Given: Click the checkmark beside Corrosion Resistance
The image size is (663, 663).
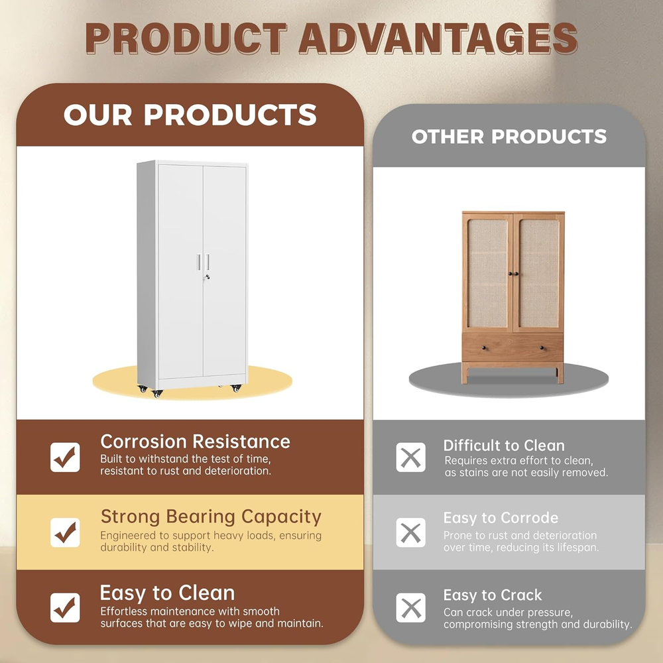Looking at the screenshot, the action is (65, 457).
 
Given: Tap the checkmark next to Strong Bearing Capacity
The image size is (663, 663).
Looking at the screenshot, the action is (65, 532).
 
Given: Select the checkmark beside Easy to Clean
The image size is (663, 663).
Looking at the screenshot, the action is (65, 607).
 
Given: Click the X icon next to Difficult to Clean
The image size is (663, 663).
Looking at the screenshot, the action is (410, 457).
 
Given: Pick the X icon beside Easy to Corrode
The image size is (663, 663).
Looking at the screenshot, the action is (410, 532).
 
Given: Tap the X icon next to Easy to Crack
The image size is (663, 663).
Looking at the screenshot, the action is (410, 607).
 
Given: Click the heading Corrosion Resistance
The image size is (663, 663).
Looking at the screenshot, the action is (196, 442).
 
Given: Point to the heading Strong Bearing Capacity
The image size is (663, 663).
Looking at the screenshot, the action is (211, 516).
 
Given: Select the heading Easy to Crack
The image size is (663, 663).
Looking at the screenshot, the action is (493, 595).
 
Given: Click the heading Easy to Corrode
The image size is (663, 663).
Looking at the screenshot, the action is (501, 518).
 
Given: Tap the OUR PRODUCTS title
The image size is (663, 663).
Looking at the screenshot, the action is (190, 115).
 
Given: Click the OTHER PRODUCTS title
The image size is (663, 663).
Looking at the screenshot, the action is (509, 136).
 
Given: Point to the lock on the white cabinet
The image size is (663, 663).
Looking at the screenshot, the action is (206, 277).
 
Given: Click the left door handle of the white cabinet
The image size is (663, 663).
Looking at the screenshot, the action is (199, 262).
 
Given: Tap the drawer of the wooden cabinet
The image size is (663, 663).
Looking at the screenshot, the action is (512, 347).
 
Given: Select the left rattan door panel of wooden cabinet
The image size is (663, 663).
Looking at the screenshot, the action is (487, 273).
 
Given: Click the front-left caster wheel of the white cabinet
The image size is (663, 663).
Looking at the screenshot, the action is (157, 394).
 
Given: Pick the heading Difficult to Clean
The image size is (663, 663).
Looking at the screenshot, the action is (504, 446).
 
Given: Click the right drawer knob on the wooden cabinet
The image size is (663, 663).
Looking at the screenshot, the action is (542, 348).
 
